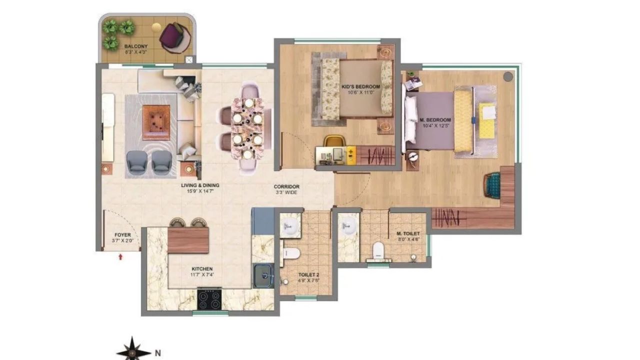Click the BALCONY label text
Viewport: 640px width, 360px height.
tap(135, 46)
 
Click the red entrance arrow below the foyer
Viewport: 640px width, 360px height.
tap(120, 257)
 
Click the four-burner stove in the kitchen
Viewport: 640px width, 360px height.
tap(209, 299)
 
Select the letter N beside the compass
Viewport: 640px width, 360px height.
tap(157, 352)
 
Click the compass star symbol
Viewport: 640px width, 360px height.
tap(133, 349)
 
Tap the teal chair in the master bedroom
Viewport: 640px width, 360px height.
tap(492, 184)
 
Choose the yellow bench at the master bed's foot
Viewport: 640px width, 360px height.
tap(463, 120)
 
